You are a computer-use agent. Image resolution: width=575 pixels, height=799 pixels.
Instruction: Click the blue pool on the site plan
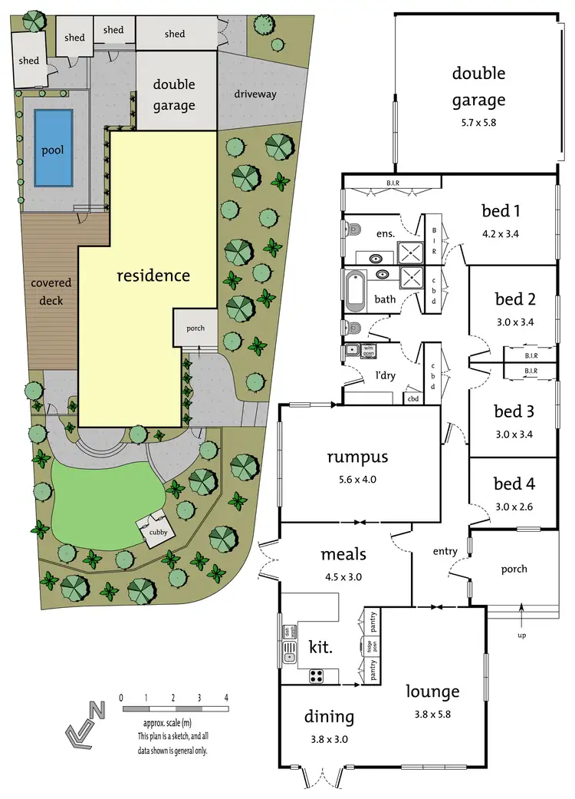[x=54, y=148]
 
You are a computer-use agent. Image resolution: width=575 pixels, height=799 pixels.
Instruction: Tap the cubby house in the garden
[x=153, y=529]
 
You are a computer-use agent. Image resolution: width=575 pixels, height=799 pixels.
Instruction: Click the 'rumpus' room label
[x=358, y=457]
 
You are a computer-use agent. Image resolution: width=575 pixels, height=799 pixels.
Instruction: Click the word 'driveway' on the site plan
[x=255, y=94]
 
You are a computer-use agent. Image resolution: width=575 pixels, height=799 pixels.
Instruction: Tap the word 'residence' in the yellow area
[x=153, y=275]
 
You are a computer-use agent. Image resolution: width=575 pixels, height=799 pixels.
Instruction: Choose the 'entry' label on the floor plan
[x=445, y=551]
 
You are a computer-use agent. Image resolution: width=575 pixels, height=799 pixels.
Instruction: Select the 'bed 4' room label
[x=514, y=484]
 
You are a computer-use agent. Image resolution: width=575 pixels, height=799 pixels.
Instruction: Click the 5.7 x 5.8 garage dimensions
[x=478, y=121]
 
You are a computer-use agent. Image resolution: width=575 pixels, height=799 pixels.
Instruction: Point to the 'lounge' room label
[x=433, y=692]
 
